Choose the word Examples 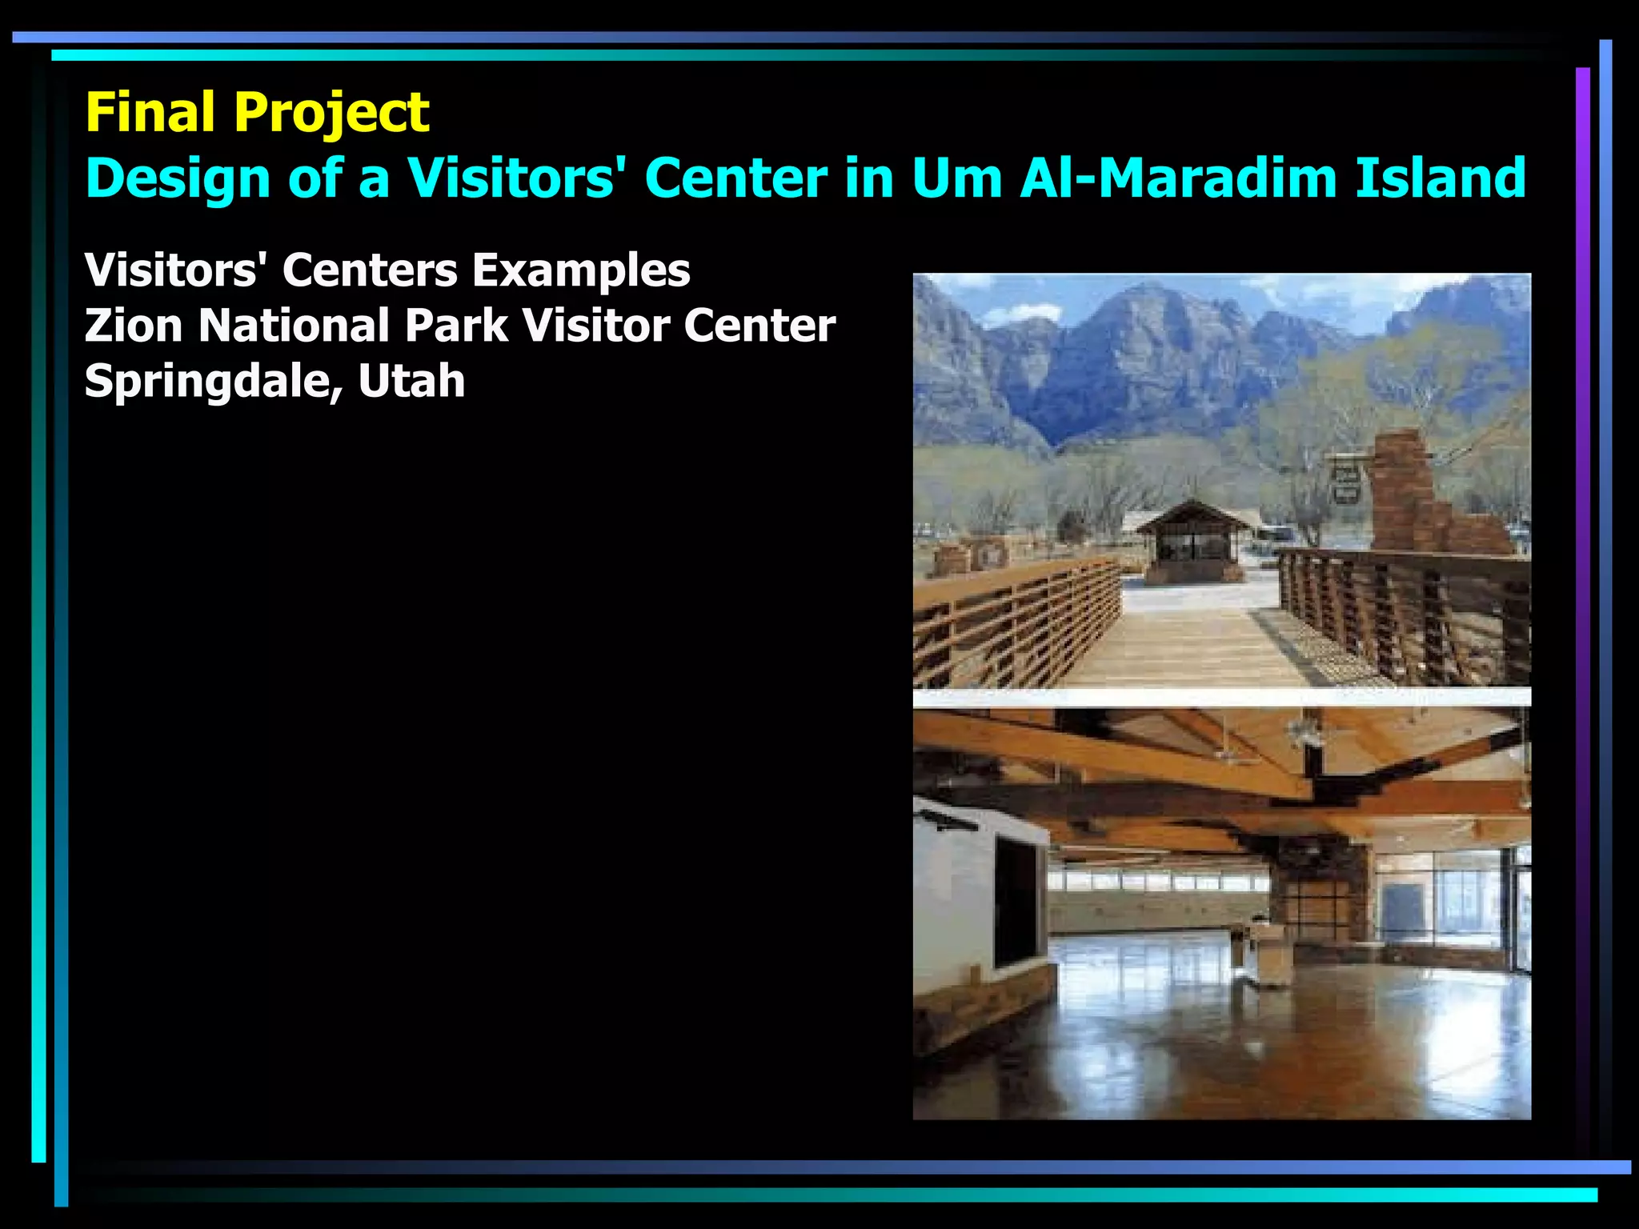[x=581, y=270]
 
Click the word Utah [x=411, y=381]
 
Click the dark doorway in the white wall [x=1015, y=901]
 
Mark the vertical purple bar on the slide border [x=1582, y=560]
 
